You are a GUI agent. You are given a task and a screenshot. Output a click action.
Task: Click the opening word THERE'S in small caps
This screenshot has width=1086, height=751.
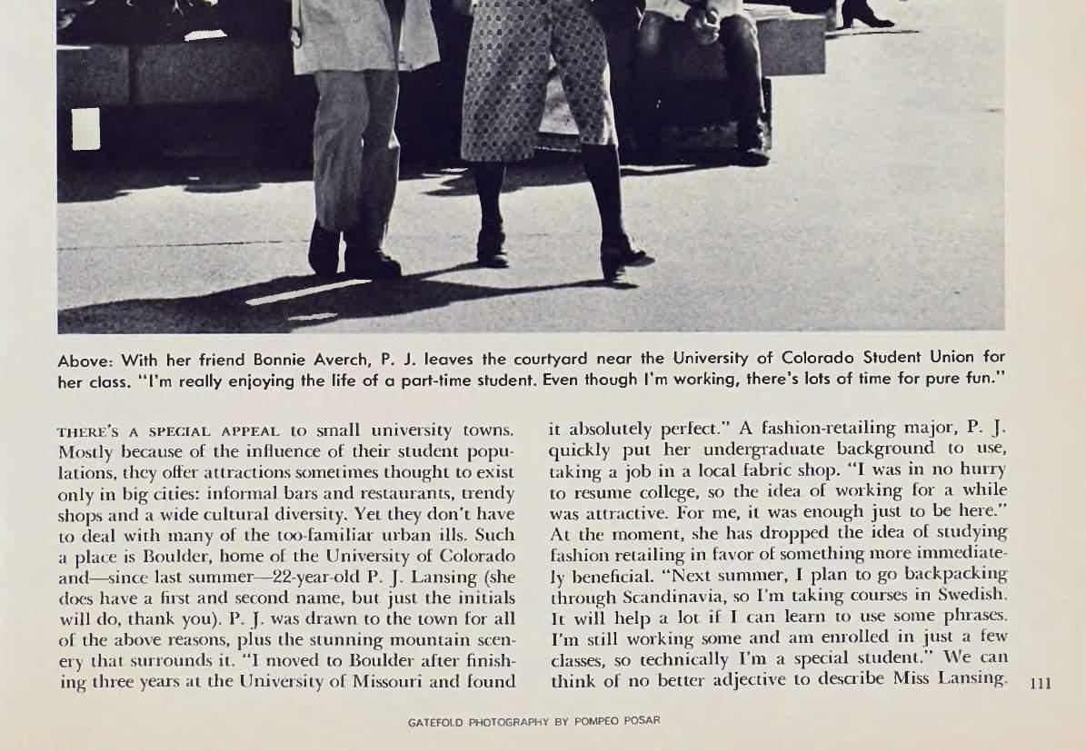click(89, 430)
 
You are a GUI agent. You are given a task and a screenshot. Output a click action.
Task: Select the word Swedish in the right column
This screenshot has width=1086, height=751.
click(973, 595)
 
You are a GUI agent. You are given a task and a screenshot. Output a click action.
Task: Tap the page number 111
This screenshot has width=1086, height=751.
click(1040, 683)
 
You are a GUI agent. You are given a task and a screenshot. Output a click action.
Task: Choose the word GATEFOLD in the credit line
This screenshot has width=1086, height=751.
click(436, 722)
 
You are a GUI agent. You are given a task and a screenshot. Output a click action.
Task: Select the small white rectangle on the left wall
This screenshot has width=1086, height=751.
click(85, 130)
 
